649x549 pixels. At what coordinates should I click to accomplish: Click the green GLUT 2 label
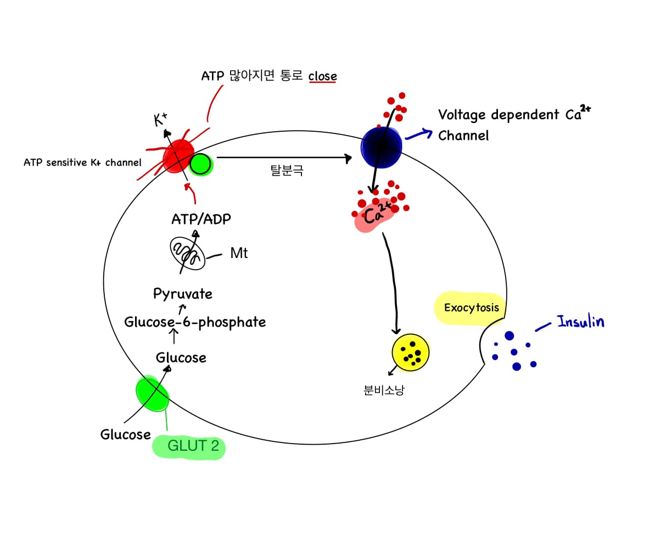tap(193, 446)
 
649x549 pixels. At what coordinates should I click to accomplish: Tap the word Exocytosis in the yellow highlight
tap(471, 307)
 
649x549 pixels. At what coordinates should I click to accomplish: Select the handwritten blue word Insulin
tap(580, 321)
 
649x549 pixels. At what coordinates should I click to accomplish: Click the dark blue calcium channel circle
tap(381, 147)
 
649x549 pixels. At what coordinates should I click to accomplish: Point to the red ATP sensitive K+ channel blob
tap(178, 156)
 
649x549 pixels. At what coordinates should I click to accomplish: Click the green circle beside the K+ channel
tap(201, 164)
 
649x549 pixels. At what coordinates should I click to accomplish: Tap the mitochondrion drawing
tap(187, 253)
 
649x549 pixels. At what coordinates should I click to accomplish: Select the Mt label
tap(239, 253)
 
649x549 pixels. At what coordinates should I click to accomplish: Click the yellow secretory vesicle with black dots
tap(410, 352)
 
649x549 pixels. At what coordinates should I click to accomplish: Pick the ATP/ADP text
tap(201, 220)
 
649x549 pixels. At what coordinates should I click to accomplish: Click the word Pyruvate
tap(183, 294)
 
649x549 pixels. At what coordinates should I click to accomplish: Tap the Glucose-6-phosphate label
tap(195, 322)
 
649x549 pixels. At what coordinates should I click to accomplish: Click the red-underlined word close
tap(322, 76)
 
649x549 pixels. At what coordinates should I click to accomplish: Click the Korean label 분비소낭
tap(384, 391)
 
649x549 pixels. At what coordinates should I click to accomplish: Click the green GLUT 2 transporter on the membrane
tap(152, 393)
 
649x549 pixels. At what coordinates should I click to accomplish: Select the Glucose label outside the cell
tap(125, 434)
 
